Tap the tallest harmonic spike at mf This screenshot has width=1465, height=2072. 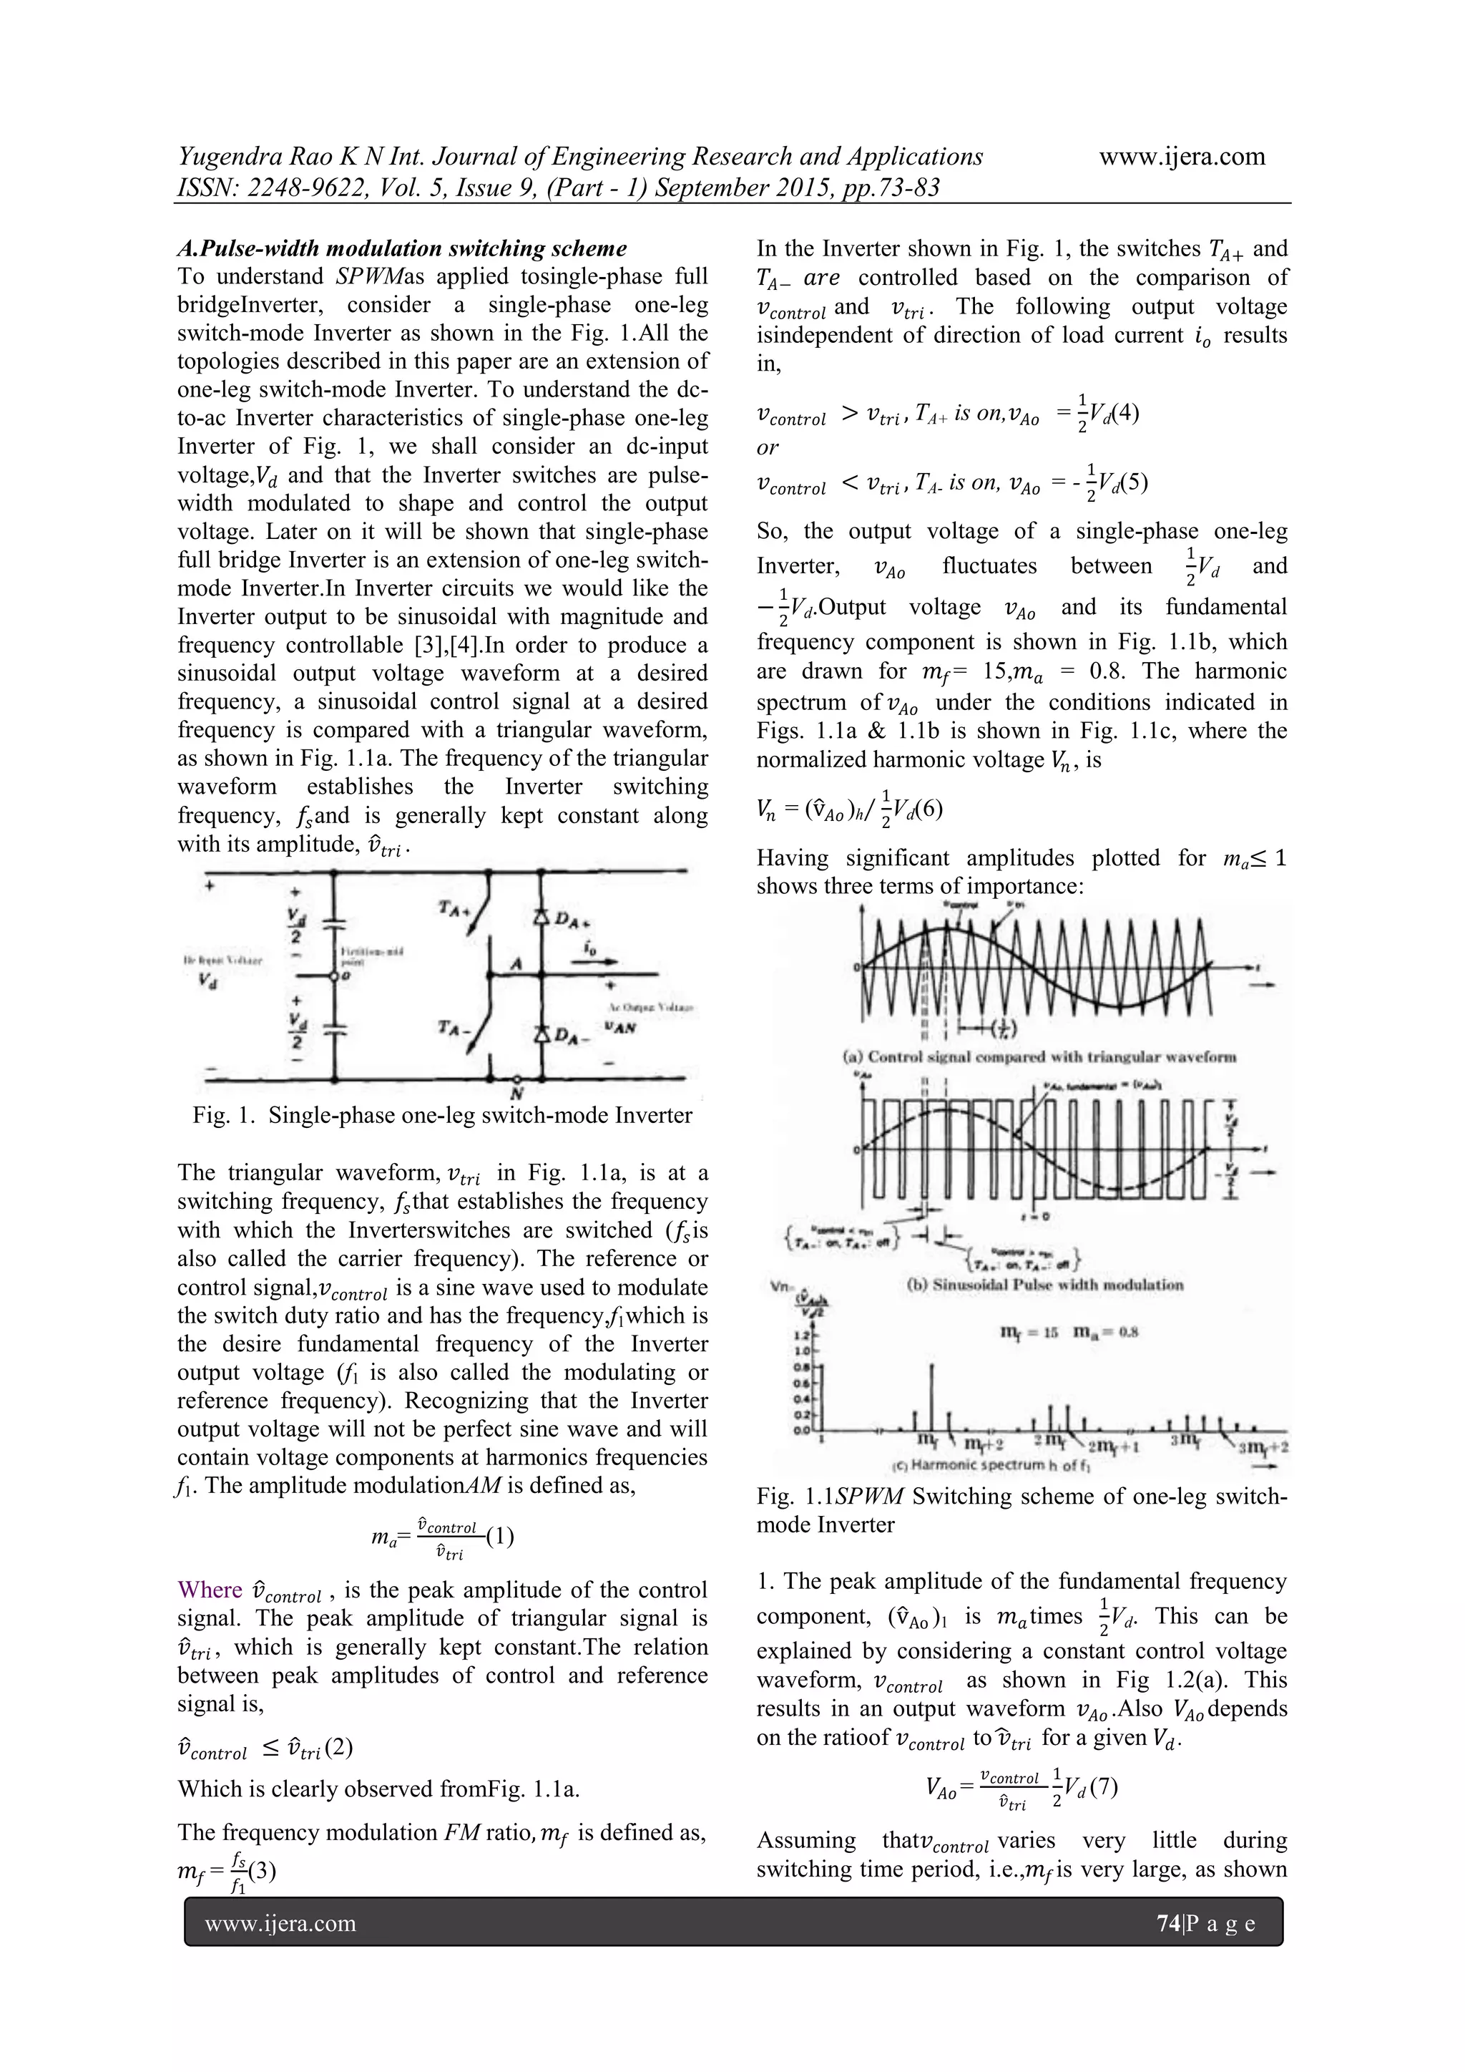(932, 1396)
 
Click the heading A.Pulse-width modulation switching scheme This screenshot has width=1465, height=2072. (401, 248)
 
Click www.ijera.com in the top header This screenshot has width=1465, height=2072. (1182, 157)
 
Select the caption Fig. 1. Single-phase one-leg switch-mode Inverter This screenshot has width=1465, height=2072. (442, 1115)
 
